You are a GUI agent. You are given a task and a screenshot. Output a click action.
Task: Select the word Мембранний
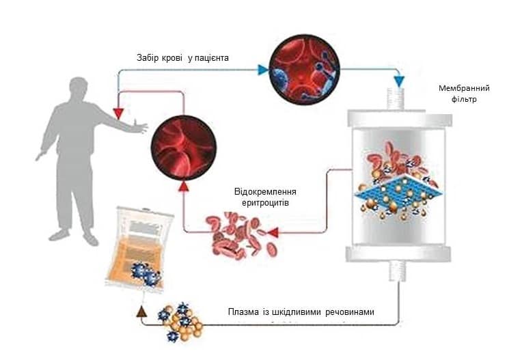(x=465, y=88)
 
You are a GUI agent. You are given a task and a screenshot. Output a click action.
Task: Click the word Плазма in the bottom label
(x=243, y=313)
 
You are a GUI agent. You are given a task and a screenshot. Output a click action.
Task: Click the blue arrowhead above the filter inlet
(x=398, y=81)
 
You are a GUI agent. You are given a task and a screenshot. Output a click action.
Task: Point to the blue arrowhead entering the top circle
(x=261, y=68)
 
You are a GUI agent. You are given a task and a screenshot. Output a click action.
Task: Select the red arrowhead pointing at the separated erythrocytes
(x=273, y=233)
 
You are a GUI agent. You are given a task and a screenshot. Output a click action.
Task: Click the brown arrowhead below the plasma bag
(x=142, y=311)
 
